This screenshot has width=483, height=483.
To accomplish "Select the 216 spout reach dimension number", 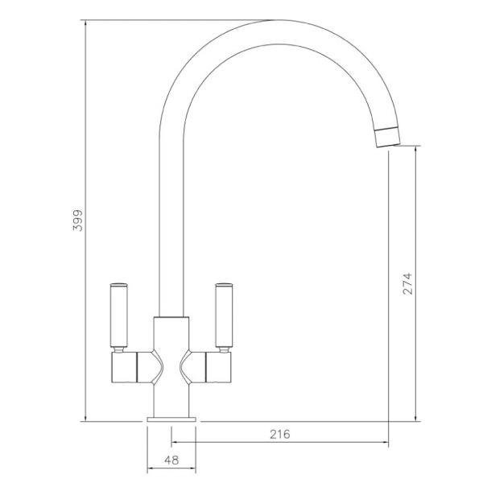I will click(279, 435).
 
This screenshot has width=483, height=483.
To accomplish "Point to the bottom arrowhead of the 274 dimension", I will click(415, 417).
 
